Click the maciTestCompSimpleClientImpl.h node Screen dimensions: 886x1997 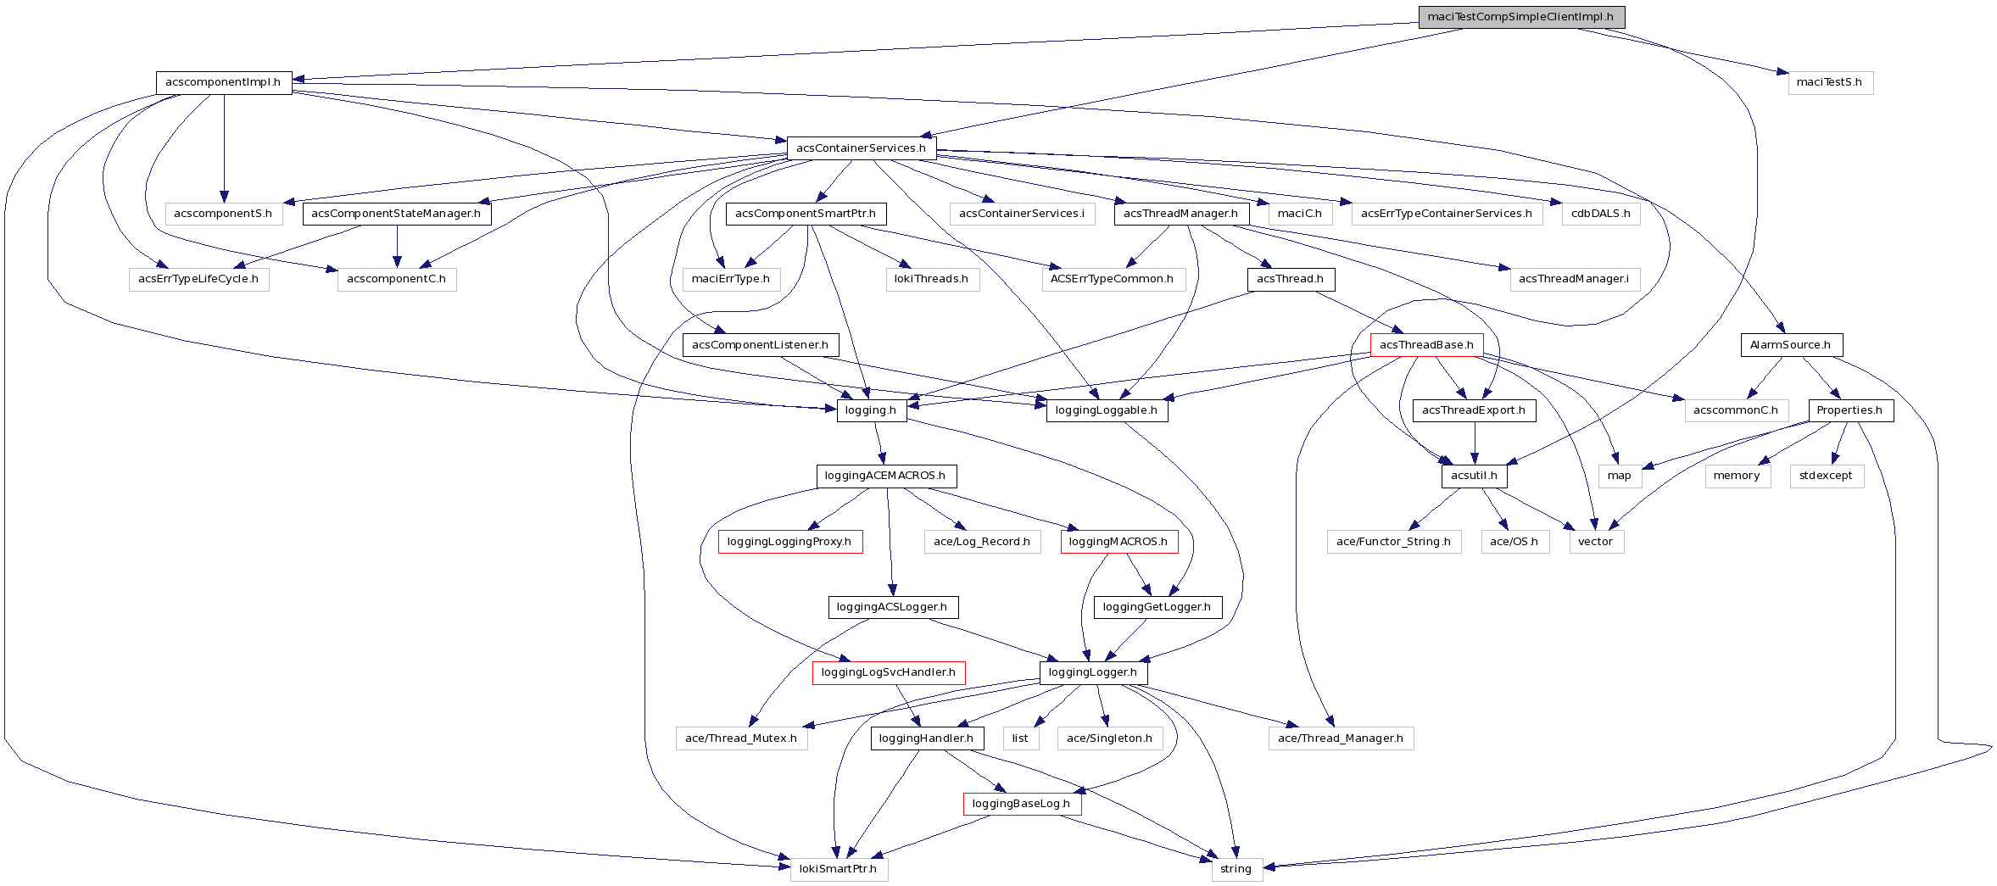[x=1521, y=17]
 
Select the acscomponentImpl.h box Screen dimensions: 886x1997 [x=224, y=82]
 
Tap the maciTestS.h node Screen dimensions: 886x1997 [x=1830, y=82]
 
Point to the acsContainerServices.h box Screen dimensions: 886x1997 [x=861, y=148]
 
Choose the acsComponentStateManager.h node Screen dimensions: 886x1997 [x=396, y=214]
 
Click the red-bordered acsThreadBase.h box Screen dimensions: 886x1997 [x=1426, y=345]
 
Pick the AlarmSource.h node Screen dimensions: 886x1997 [x=1791, y=345]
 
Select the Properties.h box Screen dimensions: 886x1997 [x=1850, y=410]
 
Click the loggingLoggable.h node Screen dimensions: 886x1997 [x=1106, y=410]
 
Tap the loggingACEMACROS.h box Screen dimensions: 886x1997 [x=885, y=476]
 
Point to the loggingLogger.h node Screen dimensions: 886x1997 [x=1093, y=672]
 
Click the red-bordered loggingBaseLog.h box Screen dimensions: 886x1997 [x=1021, y=804]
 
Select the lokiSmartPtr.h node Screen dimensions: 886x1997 [x=839, y=869]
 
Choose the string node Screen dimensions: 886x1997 [x=1236, y=869]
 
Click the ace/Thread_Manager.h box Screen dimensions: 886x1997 [x=1341, y=738]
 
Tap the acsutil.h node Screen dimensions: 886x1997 [x=1474, y=476]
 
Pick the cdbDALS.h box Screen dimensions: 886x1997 [x=1600, y=214]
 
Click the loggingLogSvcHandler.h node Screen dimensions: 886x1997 [x=888, y=672]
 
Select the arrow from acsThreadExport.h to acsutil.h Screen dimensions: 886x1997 [x=1475, y=443]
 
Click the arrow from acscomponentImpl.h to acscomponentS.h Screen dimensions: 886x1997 [x=224, y=148]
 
